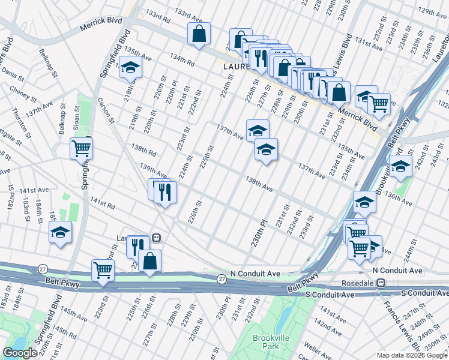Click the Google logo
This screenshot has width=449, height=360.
pyautogui.click(x=20, y=353)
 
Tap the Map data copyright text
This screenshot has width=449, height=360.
pyautogui.click(x=411, y=356)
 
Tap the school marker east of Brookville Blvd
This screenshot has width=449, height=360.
pyautogui.click(x=400, y=166)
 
